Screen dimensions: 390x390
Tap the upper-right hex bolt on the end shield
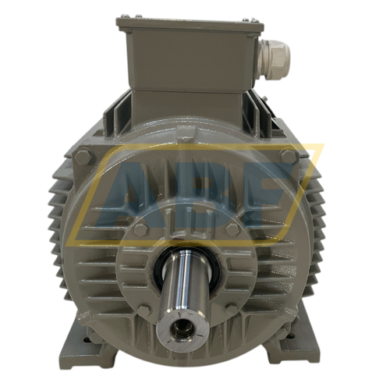[x=289, y=155]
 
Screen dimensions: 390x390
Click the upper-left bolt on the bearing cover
[x=140, y=230]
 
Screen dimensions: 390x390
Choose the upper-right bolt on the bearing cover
[x=232, y=229]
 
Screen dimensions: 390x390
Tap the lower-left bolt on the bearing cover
[x=144, y=310]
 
